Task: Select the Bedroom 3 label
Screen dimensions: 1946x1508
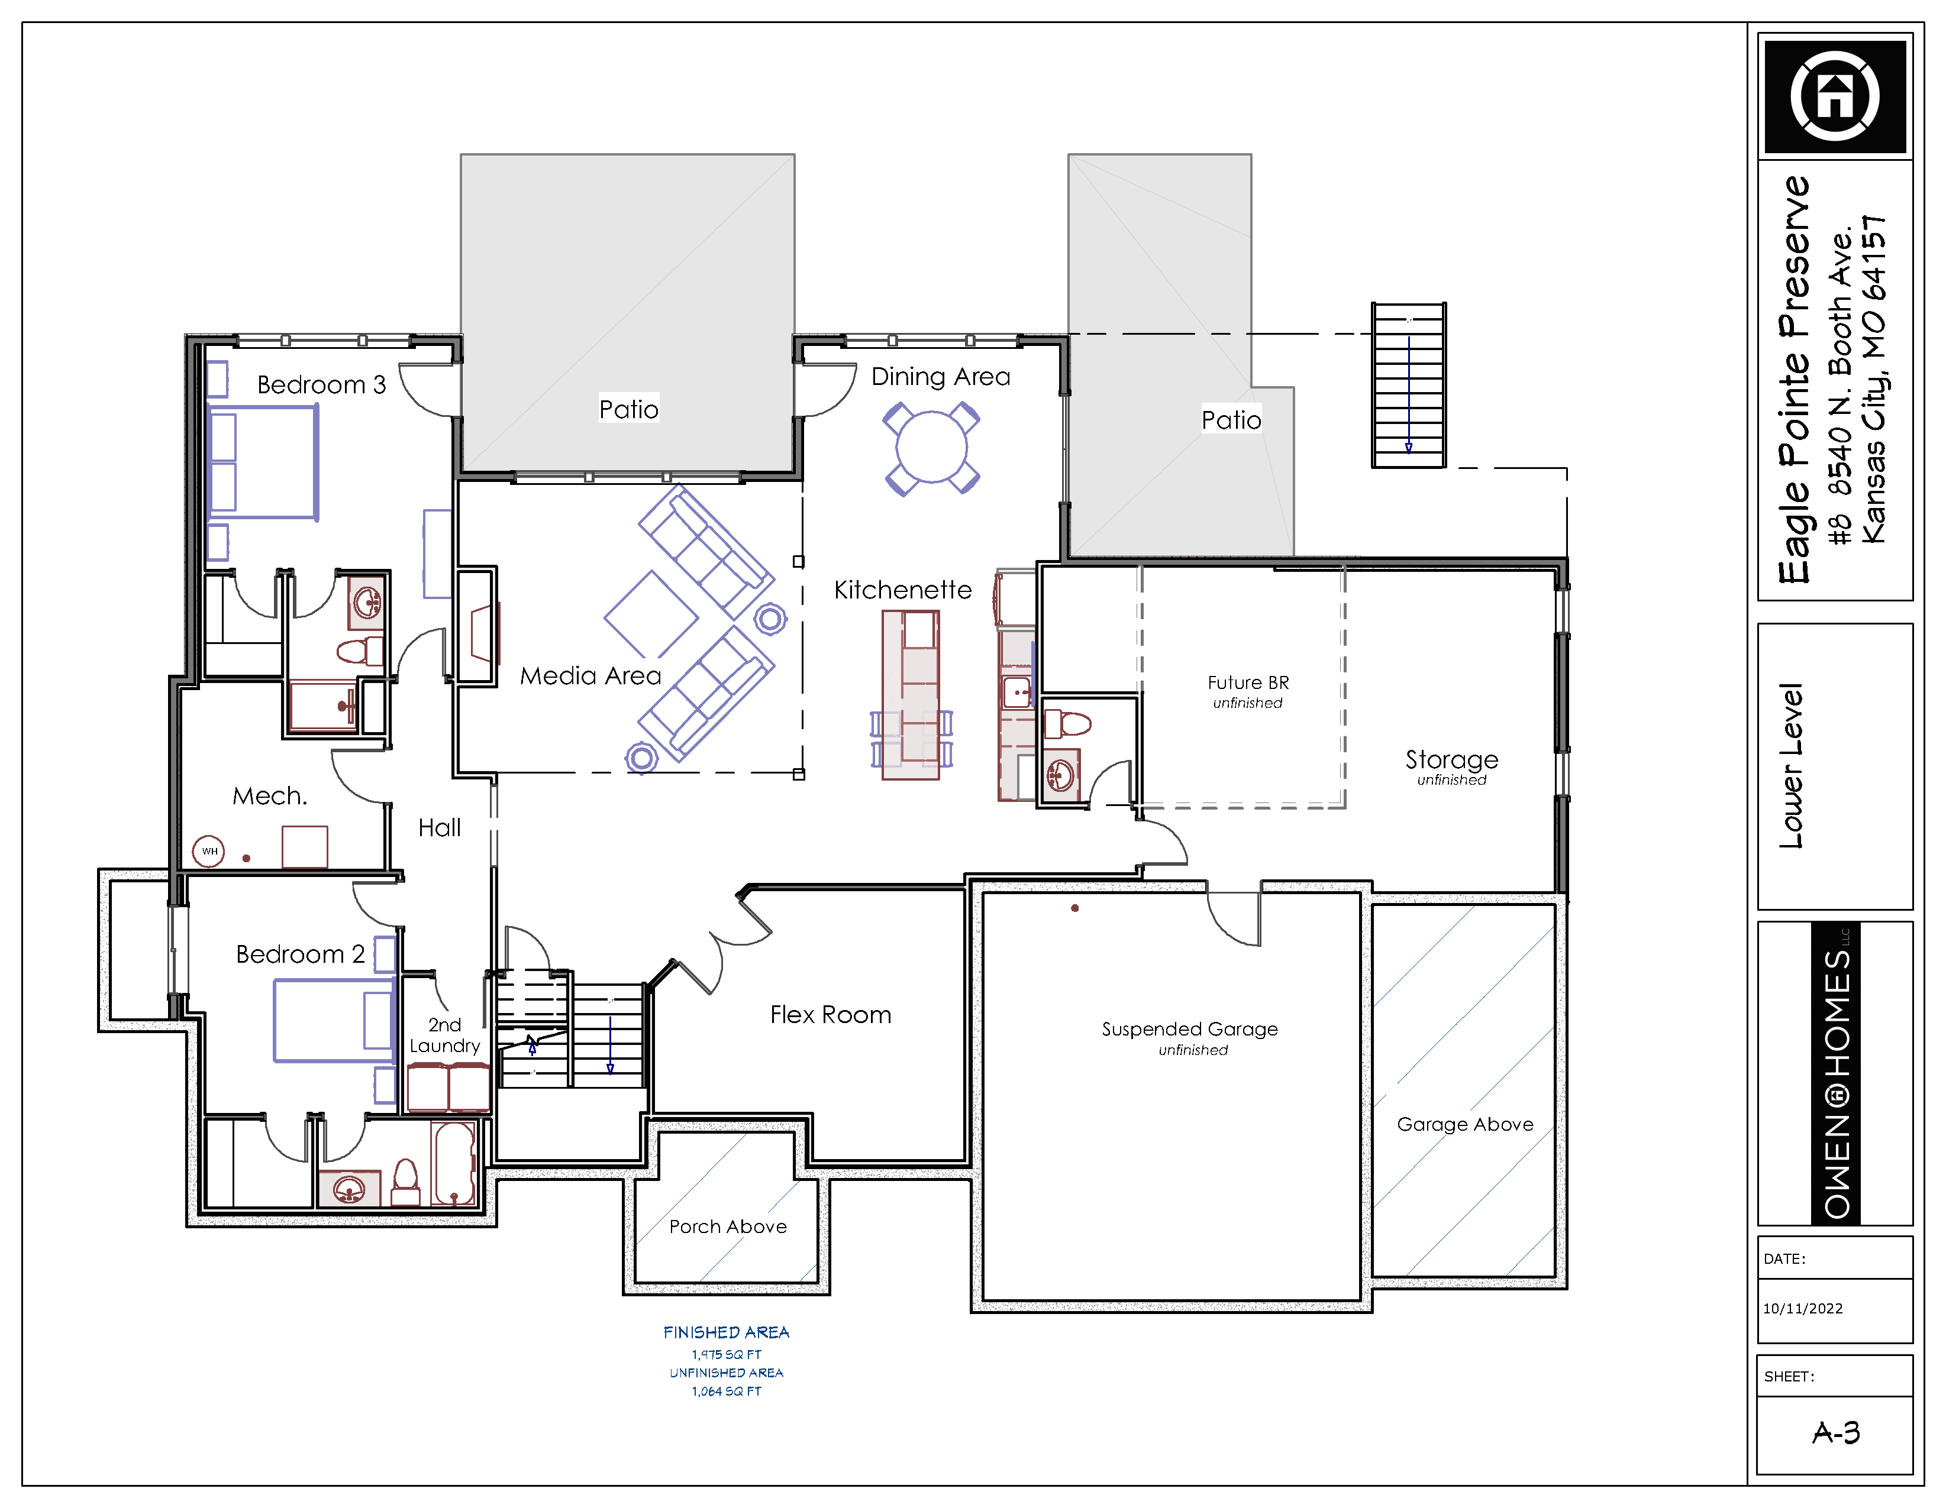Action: pyautogui.click(x=322, y=385)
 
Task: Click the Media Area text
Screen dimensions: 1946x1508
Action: pyautogui.click(x=590, y=675)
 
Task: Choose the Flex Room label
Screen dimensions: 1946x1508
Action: pyautogui.click(x=831, y=1015)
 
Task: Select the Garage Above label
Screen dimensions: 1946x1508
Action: pyautogui.click(x=1465, y=1125)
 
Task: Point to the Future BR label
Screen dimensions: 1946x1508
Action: pyautogui.click(x=1248, y=682)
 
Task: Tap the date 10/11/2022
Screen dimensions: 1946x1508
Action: pyautogui.click(x=1803, y=1309)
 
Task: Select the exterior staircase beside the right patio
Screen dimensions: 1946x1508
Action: pyautogui.click(x=1408, y=385)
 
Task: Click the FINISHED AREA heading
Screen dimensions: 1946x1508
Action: pyautogui.click(x=726, y=1332)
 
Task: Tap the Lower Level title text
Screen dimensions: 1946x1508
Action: pyautogui.click(x=1791, y=766)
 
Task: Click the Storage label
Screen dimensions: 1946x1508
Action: pyautogui.click(x=1451, y=760)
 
